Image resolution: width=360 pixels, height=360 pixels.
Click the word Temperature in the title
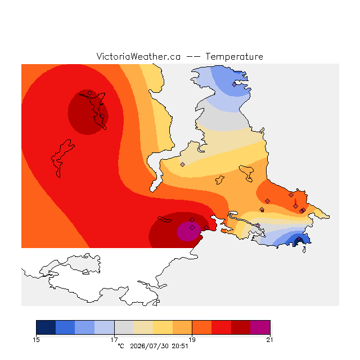(x=234, y=56)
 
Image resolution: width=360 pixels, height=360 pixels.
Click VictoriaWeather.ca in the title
(x=138, y=56)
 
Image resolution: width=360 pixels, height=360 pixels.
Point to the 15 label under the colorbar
(x=36, y=340)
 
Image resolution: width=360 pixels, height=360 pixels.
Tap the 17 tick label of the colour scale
(x=114, y=340)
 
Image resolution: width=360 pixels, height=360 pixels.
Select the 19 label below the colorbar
(x=192, y=340)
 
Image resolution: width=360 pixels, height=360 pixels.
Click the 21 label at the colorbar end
(x=269, y=340)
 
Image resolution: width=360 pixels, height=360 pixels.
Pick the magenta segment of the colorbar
(x=260, y=327)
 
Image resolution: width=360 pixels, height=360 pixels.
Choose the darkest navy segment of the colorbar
(x=46, y=327)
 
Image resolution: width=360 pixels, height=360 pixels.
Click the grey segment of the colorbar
(x=124, y=327)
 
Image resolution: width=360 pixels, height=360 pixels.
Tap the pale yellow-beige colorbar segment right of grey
(x=143, y=327)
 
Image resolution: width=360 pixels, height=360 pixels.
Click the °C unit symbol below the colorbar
(x=121, y=346)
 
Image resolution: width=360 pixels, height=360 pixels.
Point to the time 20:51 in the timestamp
(x=180, y=346)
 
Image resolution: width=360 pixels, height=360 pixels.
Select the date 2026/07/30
(x=149, y=346)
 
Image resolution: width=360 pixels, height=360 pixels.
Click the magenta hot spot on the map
(x=188, y=231)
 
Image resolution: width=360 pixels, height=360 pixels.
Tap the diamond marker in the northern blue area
(x=234, y=85)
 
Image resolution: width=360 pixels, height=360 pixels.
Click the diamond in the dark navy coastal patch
(x=299, y=239)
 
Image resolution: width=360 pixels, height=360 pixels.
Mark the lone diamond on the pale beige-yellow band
(x=182, y=164)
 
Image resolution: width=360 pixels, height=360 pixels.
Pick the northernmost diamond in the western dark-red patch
(x=90, y=93)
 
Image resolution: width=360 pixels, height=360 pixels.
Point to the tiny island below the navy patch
(x=304, y=250)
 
